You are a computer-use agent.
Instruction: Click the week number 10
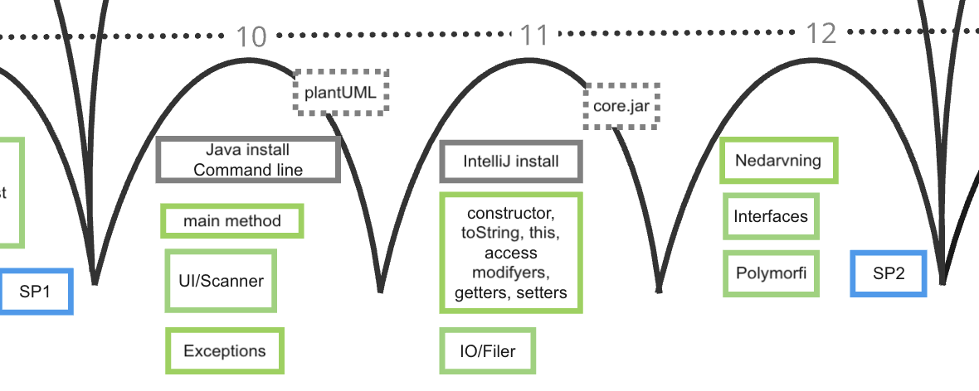[x=251, y=36]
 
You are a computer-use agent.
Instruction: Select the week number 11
[x=534, y=36]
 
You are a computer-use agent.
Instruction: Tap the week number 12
[x=821, y=34]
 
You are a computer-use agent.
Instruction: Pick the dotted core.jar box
[x=621, y=106]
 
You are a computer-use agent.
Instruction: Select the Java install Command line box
[x=248, y=160]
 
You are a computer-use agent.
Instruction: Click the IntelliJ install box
[x=511, y=162]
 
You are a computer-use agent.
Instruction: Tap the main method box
[x=232, y=221]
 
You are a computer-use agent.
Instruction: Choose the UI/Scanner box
[x=221, y=281]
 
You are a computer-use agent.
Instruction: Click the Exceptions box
[x=225, y=350]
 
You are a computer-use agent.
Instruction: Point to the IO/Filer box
[x=488, y=351]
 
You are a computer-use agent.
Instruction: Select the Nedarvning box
[x=778, y=161]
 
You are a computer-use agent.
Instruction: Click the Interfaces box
[x=771, y=216]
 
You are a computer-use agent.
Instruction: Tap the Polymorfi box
[x=771, y=273]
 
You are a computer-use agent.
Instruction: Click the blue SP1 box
[x=36, y=292]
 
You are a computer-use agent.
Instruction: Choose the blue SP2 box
[x=889, y=273]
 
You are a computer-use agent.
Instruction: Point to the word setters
[x=542, y=292]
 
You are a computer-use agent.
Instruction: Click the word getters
[x=482, y=292]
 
